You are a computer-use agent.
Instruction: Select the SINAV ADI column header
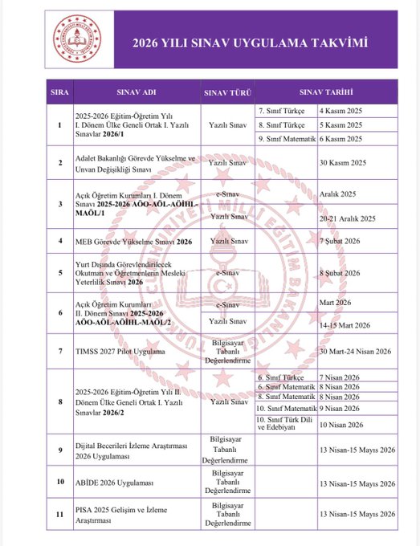point(137,92)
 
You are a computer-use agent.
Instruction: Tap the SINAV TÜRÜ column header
point(227,92)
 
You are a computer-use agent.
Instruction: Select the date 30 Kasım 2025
point(347,162)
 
